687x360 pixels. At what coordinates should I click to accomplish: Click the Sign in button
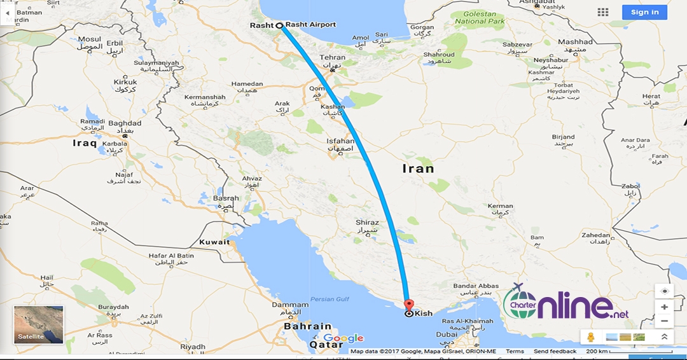pos(645,12)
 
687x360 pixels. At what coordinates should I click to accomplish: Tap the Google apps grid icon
pos(602,12)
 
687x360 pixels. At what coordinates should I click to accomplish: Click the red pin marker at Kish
pos(408,305)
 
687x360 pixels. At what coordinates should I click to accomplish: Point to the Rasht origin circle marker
pos(279,25)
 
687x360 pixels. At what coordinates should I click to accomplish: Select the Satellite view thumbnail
pos(39,324)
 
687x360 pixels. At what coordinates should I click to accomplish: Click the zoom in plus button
pos(664,307)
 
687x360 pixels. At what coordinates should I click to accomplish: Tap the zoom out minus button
pos(664,321)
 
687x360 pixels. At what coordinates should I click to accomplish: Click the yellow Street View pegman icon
pos(591,337)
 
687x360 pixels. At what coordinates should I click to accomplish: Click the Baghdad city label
pos(125,123)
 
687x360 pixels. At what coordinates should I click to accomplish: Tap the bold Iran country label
pos(419,169)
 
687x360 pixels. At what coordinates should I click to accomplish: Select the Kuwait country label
pos(214,242)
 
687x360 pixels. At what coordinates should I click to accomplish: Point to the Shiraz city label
pos(367,223)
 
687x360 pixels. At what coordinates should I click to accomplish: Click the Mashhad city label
pos(575,42)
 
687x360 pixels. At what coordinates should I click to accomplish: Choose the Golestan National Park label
pos(480,18)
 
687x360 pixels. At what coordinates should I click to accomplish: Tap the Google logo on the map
pos(343,338)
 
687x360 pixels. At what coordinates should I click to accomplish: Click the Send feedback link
pos(555,351)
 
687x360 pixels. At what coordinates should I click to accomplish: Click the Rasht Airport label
pos(310,25)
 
